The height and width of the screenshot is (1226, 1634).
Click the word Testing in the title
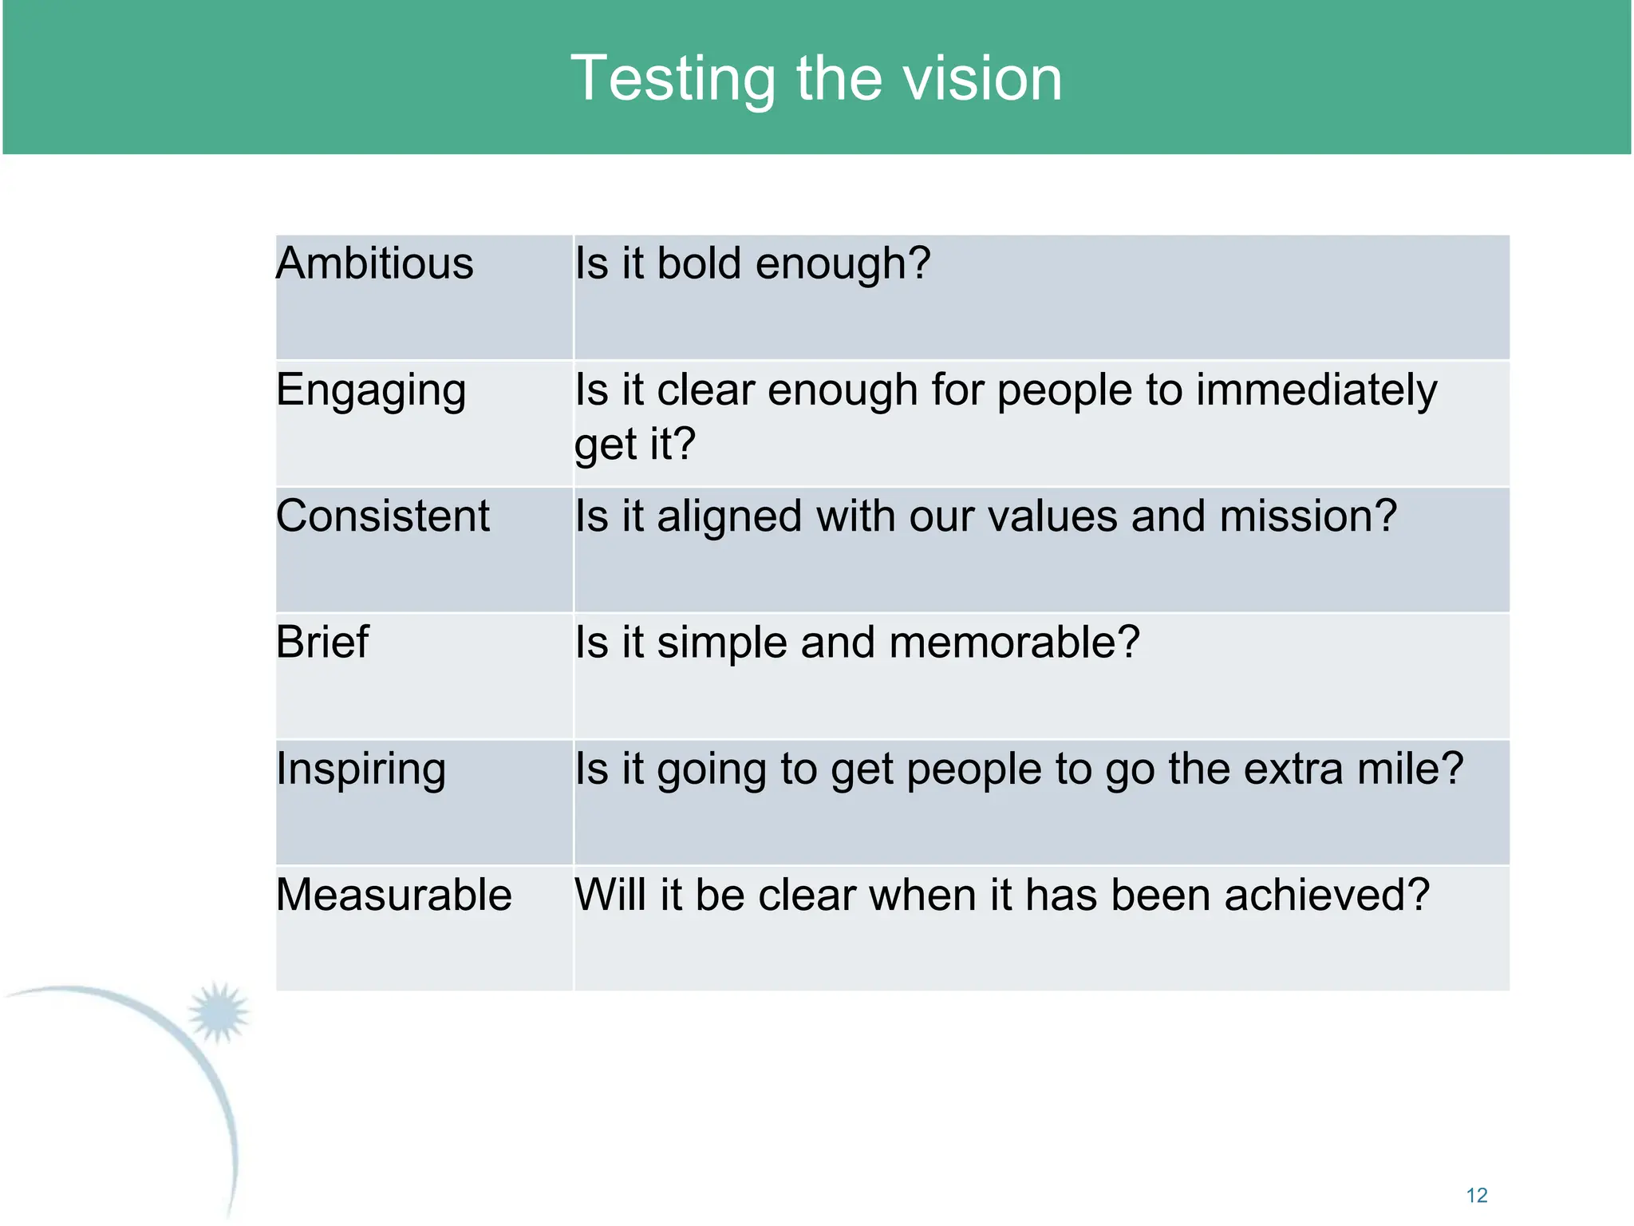673,80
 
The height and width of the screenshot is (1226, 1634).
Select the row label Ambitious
374,263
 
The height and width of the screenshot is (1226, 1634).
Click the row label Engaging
371,391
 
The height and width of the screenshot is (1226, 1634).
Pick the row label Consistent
382,516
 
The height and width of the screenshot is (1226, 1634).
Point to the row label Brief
322,642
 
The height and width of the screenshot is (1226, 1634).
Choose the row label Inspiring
361,769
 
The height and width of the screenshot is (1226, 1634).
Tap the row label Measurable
393,895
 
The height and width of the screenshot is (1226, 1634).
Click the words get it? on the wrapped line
635,445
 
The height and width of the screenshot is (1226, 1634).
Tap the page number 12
1477,1195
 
